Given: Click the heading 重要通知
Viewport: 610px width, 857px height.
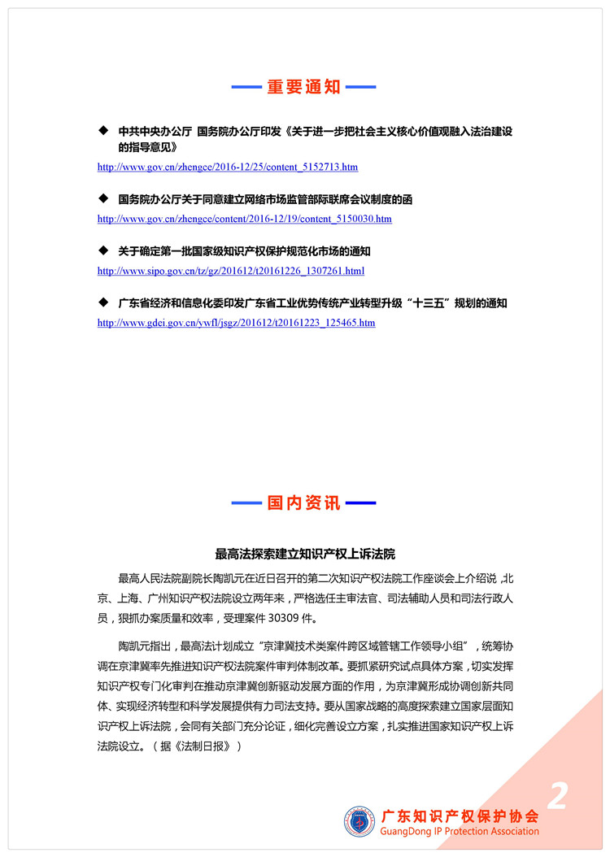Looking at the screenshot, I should tap(304, 87).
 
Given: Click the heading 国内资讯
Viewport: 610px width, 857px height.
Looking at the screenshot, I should tap(304, 503).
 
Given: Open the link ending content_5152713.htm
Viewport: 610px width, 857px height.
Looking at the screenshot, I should tap(227, 167).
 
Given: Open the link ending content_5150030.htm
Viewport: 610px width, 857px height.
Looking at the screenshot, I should tap(244, 219).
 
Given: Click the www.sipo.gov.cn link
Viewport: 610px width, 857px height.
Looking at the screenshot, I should tap(230, 271).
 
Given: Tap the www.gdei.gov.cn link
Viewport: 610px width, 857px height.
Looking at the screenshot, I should tap(236, 323).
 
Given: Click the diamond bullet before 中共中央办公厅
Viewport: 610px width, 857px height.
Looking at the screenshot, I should tap(102, 130).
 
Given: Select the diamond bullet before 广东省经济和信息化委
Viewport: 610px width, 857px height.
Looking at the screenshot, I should tap(102, 302).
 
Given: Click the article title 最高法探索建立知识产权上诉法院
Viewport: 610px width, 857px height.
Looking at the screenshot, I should tap(304, 554).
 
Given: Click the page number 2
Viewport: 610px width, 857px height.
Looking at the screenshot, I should tap(557, 796).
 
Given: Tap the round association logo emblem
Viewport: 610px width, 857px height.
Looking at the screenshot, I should tap(359, 820).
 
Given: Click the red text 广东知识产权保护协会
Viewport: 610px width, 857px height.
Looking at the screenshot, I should tap(460, 814).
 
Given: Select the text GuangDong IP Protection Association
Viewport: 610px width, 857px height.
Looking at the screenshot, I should tap(460, 831).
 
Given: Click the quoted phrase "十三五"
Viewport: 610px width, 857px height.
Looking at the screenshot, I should tap(416, 303).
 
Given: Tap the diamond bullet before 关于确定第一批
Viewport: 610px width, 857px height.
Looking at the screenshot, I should tap(102, 250).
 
